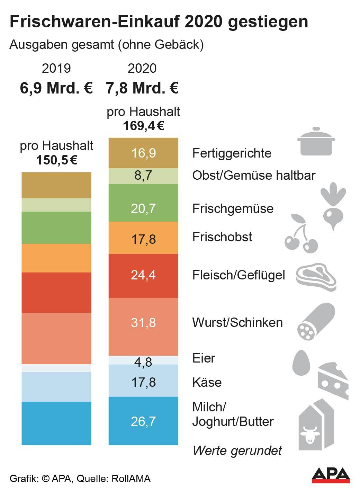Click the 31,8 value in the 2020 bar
[x=143, y=323]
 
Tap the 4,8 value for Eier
[x=143, y=362]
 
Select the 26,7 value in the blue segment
[x=143, y=421]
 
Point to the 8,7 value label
[x=143, y=176]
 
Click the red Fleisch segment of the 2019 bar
[x=56, y=292]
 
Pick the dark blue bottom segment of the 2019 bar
[x=56, y=423]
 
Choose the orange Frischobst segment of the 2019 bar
[x=56, y=258]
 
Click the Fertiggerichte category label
[x=232, y=153]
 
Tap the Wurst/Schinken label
[x=237, y=322]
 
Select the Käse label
[x=207, y=382]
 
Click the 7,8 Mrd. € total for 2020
[x=142, y=88]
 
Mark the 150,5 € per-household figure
[x=56, y=160]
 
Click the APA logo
[x=331, y=475]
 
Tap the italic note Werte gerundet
[x=237, y=450]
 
